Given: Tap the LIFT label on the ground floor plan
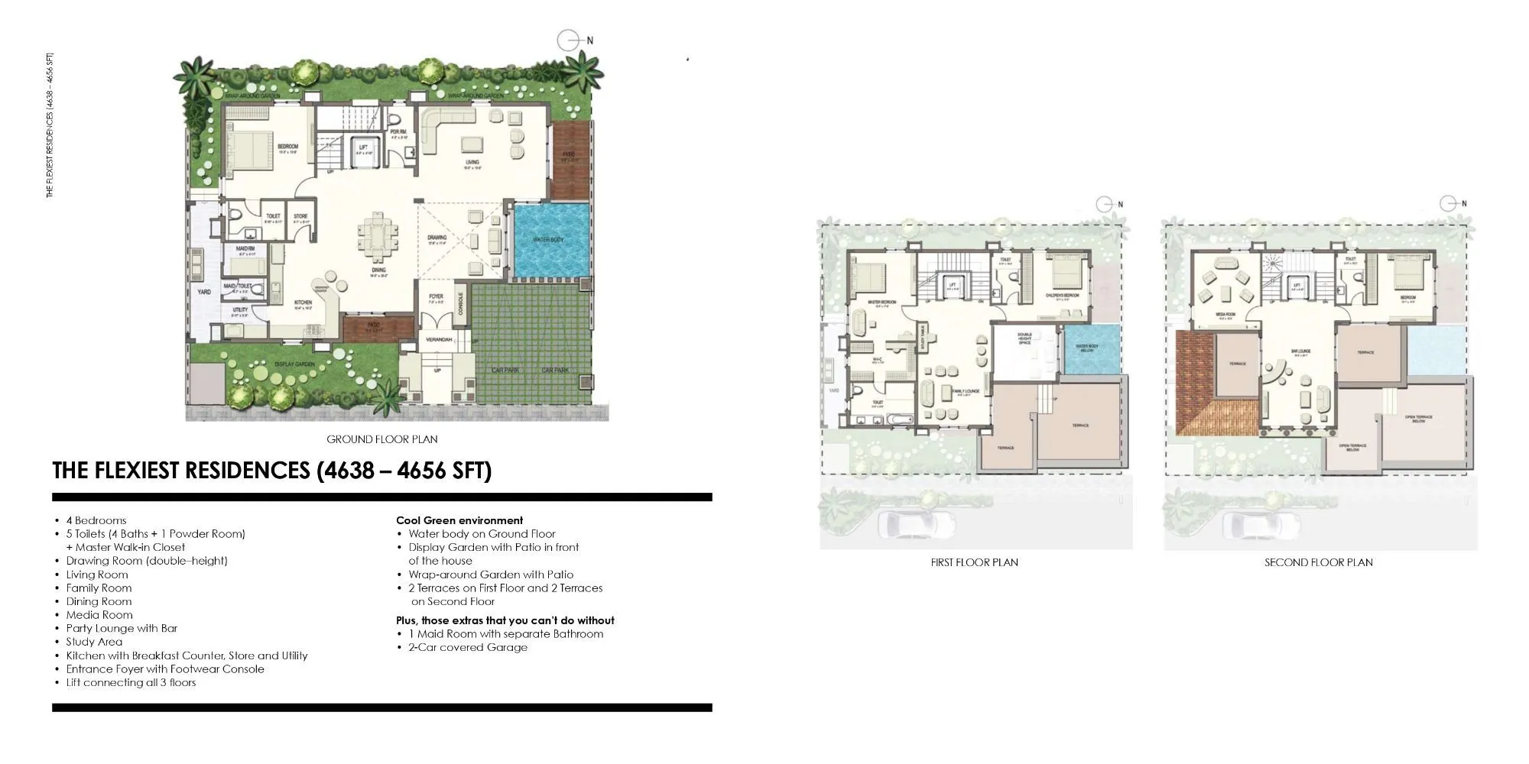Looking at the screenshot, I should point(363,147).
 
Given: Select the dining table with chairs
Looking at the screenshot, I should point(378,235).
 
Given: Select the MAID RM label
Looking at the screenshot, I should point(246,250).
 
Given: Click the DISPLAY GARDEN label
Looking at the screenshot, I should point(294,364).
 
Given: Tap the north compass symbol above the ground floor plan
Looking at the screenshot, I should point(567,40).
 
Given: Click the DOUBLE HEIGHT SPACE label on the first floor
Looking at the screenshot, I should point(1024,338).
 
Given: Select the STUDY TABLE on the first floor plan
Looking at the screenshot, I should point(923,337).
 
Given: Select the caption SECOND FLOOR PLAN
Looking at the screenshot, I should point(1318,562).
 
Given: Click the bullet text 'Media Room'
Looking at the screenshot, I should point(99,615).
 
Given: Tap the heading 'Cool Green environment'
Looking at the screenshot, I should point(459,520).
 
